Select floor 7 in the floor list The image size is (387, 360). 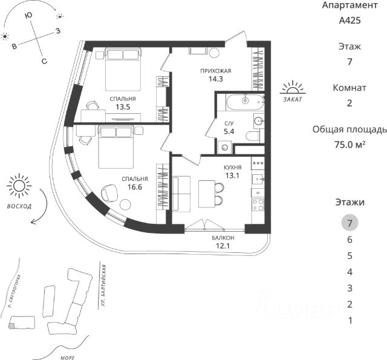tap(350, 223)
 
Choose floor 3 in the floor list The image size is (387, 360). tap(350, 288)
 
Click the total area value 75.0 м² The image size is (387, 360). tap(350, 145)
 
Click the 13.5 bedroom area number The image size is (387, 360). tap(123, 107)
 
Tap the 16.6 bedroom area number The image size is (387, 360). tap(134, 188)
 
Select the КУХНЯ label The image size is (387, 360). tap(232, 168)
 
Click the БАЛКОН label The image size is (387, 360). tap(223, 238)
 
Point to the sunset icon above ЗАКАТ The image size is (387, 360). tap(294, 87)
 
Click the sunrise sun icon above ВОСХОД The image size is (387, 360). tap(19, 186)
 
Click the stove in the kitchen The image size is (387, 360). tap(257, 205)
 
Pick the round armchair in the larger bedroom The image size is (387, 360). tap(109, 192)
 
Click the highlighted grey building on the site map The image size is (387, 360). tap(13, 326)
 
